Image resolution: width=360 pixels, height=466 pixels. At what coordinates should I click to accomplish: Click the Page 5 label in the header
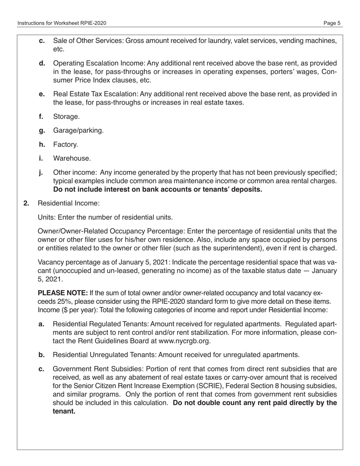(x=332, y=23)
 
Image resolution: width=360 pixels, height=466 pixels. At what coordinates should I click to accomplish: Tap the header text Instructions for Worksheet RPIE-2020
(x=62, y=23)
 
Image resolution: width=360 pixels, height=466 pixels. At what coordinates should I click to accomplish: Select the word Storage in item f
(x=66, y=116)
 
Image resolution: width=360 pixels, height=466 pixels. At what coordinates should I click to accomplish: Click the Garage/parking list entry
(x=78, y=130)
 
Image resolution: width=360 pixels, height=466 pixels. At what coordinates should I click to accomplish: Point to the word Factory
(x=66, y=144)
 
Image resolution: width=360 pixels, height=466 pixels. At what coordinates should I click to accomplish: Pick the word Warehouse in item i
(x=72, y=158)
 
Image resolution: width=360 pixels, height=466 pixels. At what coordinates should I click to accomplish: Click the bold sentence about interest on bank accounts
(x=157, y=189)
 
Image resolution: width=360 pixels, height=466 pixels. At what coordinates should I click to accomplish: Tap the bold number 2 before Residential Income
(x=26, y=203)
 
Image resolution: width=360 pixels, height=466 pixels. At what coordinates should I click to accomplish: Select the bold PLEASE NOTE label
(x=63, y=293)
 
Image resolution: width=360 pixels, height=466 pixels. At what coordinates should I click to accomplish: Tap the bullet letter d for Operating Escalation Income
(x=42, y=63)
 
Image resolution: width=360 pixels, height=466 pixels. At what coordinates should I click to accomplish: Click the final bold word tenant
(x=64, y=411)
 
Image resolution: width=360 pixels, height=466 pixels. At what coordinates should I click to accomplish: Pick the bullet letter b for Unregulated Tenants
(x=42, y=355)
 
